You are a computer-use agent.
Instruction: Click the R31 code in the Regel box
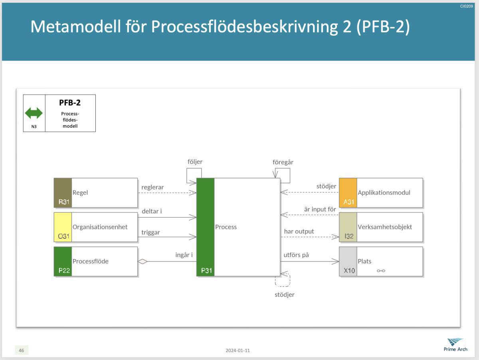[63, 202]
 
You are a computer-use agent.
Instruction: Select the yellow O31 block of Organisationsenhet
[63, 227]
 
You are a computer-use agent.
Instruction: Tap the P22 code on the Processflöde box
[64, 271]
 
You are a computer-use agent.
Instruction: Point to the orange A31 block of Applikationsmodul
[348, 193]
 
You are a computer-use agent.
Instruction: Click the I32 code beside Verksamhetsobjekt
[349, 236]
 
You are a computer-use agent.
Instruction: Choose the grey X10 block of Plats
[348, 261]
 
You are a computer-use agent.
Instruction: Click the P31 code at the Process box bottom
[206, 271]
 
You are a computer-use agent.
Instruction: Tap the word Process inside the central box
[226, 227]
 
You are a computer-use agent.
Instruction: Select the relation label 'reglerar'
[152, 187]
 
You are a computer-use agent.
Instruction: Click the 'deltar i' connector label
[152, 211]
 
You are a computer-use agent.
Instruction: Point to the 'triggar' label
[150, 232]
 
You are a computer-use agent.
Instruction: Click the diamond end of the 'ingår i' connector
[143, 262]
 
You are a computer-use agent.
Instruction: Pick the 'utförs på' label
[296, 255]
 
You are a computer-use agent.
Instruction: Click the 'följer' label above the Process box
[195, 162]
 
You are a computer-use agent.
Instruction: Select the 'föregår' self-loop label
[283, 162]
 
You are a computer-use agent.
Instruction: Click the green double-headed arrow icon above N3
[34, 113]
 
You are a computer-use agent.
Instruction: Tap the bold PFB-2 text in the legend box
[70, 103]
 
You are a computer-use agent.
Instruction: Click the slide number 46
[22, 350]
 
